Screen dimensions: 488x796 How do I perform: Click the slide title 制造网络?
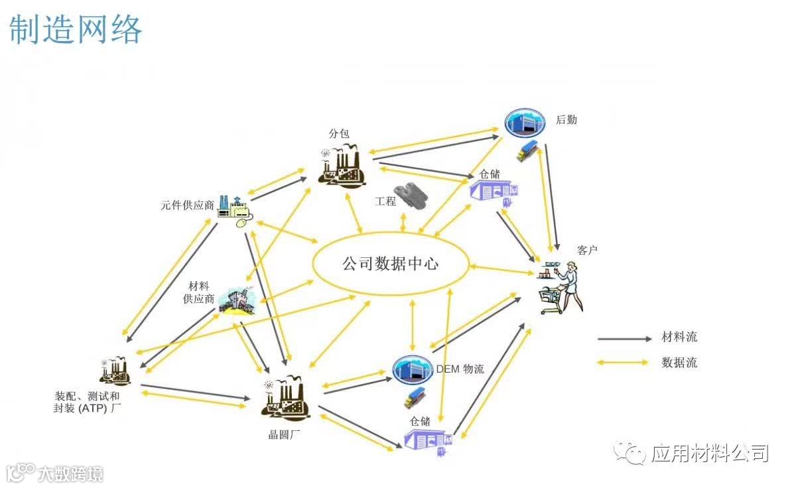76,30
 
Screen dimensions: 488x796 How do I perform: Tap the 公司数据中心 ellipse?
390,264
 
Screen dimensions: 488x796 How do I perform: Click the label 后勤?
566,120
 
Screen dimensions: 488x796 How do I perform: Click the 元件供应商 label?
187,205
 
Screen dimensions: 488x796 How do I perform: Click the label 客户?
588,250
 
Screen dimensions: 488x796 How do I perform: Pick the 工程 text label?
385,201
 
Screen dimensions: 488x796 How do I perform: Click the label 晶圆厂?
281,434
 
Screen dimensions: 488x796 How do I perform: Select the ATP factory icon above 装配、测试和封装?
115,371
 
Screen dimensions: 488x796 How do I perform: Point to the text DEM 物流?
460,369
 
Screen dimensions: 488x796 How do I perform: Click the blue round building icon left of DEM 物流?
413,369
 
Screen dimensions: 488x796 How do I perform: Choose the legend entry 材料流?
679,337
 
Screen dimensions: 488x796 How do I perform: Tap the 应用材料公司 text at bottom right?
710,454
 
